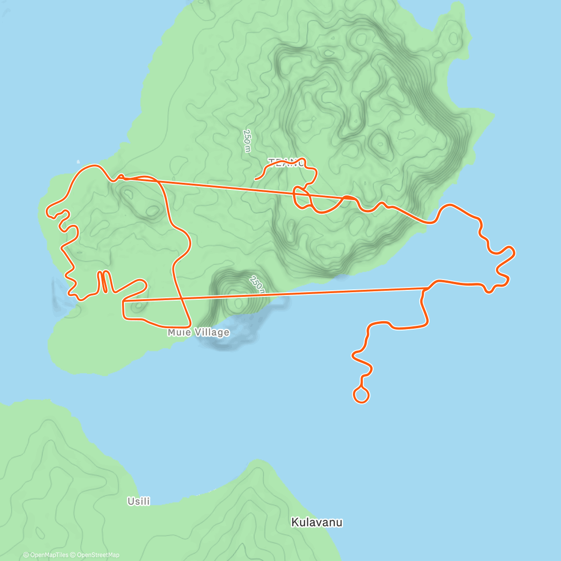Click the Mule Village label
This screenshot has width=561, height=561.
(x=199, y=332)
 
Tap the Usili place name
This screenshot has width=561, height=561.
(x=139, y=501)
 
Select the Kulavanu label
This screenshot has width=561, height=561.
(x=317, y=522)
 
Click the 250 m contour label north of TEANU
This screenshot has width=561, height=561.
(x=247, y=141)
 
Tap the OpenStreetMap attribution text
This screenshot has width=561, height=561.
(x=98, y=555)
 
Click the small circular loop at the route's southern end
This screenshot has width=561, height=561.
(x=361, y=395)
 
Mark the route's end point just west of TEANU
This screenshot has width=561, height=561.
(x=255, y=179)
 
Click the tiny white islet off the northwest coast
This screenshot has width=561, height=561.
(x=78, y=162)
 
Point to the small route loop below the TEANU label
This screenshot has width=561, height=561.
(x=302, y=197)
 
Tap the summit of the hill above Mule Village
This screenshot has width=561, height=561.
(x=238, y=303)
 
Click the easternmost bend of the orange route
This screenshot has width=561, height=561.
(x=514, y=252)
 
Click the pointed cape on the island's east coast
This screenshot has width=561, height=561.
(x=493, y=114)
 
